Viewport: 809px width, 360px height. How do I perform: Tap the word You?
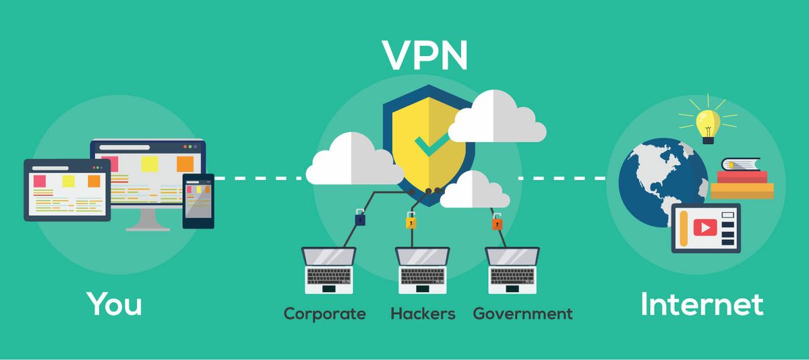pos(114,304)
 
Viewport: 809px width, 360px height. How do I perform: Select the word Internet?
pos(701,304)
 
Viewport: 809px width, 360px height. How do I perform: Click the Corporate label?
pos(324,313)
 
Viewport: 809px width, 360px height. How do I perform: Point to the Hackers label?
pos(423,313)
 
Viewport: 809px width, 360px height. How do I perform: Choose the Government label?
pos(522,313)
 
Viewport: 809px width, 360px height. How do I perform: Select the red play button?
pos(705,228)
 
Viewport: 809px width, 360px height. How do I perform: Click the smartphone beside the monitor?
pos(198,201)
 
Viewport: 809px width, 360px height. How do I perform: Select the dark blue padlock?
pos(360,218)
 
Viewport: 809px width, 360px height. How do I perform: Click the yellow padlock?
pos(410,220)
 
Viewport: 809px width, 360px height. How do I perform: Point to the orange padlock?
pos(496,222)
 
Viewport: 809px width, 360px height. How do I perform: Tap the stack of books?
pos(742,179)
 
